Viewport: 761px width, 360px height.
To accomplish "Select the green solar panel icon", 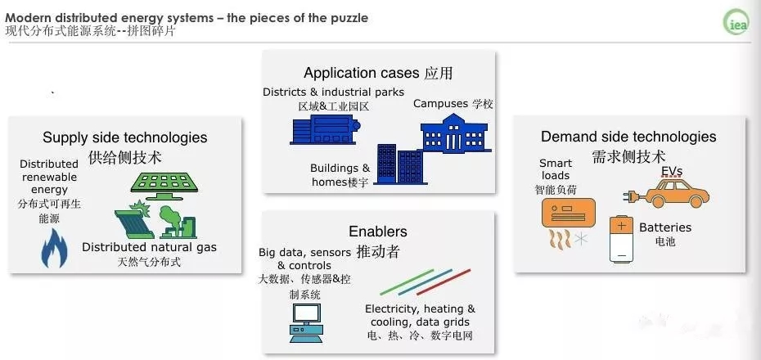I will click(x=170, y=182).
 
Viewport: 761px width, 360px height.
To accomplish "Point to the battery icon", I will click(x=622, y=239).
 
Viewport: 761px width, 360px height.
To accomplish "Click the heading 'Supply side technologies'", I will click(x=124, y=137).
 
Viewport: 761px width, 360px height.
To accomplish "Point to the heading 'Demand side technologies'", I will click(x=628, y=137).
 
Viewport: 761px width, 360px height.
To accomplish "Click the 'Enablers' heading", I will click(x=378, y=232).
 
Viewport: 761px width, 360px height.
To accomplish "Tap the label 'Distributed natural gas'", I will click(x=149, y=247).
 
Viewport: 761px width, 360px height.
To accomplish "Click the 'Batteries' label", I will click(x=664, y=227).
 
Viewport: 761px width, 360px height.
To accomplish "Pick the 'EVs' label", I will click(x=671, y=171).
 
